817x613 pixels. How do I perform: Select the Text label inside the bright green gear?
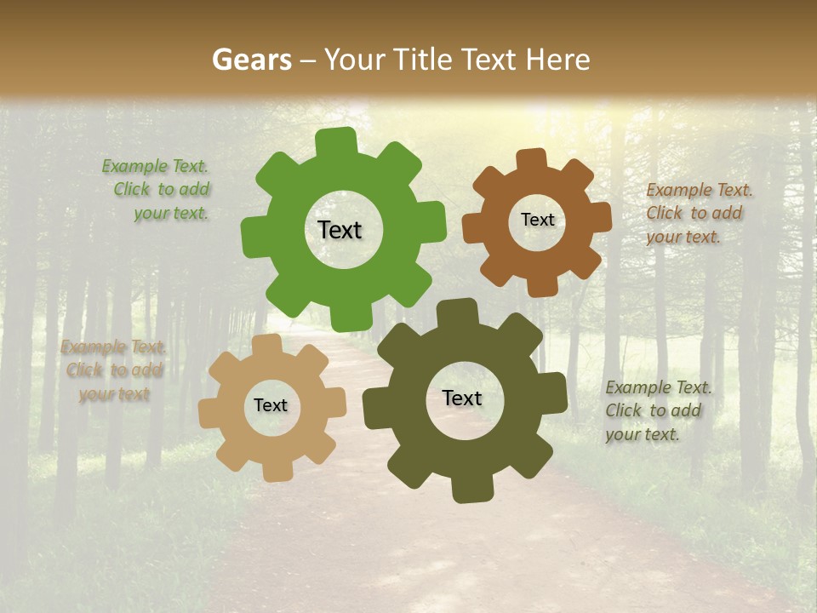340,230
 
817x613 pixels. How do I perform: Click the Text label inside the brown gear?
537,220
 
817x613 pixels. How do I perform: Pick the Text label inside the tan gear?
271,405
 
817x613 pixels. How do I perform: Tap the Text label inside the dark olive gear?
462,398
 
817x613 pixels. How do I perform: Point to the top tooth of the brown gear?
531,161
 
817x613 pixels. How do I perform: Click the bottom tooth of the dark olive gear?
470,489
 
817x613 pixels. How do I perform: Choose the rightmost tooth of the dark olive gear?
554,392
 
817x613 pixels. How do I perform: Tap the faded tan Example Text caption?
114,370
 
